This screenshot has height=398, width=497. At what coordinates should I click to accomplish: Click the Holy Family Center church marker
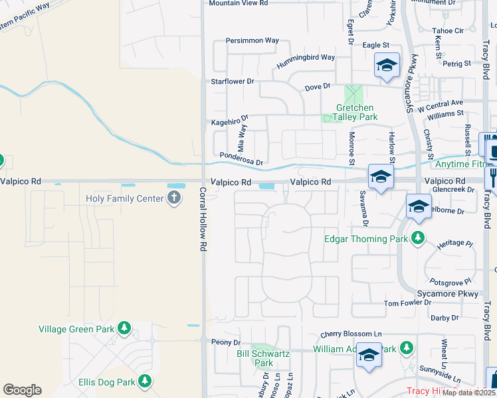174,198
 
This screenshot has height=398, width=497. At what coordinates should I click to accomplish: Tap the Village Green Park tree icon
124,328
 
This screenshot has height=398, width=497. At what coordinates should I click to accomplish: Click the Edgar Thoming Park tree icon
418,237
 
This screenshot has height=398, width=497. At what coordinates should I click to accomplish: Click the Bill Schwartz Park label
264,358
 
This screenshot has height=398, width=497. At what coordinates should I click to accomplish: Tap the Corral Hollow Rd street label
203,219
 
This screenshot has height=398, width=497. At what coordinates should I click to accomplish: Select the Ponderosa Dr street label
242,160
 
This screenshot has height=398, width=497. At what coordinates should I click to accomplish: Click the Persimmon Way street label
252,40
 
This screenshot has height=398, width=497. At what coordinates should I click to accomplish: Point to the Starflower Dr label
233,81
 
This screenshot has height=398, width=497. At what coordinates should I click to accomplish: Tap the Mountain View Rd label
238,3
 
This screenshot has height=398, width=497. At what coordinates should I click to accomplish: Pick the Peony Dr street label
225,342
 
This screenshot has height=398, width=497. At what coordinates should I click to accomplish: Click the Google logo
22,390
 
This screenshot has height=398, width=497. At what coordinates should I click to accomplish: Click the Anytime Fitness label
465,164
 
